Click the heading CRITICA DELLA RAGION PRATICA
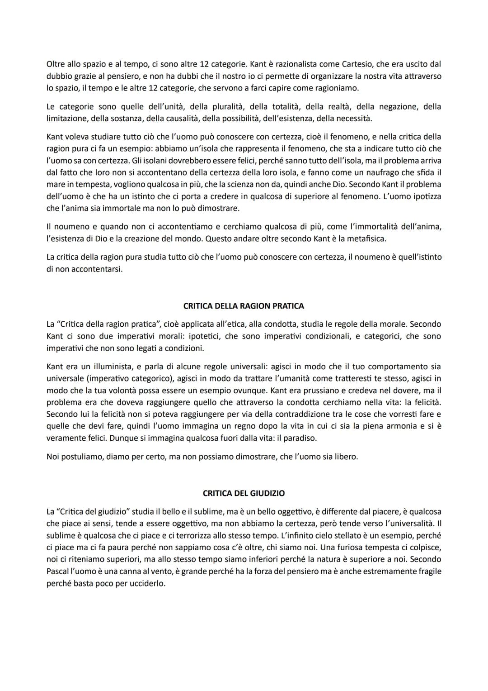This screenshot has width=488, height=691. (x=244, y=306)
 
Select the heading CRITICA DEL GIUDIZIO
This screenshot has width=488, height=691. (x=244, y=493)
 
